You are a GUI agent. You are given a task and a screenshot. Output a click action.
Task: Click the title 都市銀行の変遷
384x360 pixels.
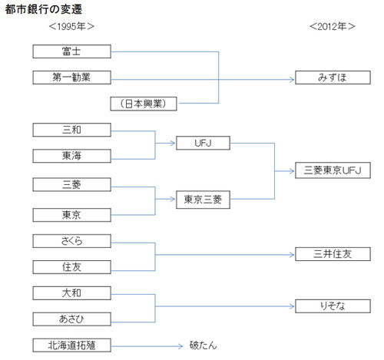[44, 9]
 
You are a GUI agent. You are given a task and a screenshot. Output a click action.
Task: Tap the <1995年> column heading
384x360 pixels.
[71, 26]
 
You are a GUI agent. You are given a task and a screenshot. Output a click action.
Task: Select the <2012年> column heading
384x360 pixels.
[333, 26]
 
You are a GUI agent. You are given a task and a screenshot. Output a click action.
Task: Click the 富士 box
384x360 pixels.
[71, 51]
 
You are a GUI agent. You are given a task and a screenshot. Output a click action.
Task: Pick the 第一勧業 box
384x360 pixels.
[71, 78]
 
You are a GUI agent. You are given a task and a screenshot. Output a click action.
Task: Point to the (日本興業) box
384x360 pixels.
[144, 104]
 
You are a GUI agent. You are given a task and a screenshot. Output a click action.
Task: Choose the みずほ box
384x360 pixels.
[333, 78]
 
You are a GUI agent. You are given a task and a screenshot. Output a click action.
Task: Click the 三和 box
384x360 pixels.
[71, 130]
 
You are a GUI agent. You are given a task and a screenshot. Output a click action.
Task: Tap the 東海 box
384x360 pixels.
[71, 156]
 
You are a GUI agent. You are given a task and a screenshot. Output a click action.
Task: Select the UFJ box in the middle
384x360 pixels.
[203, 143]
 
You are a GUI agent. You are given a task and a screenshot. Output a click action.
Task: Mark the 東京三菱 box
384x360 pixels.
[203, 200]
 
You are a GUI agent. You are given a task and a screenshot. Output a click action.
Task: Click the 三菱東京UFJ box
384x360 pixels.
[333, 170]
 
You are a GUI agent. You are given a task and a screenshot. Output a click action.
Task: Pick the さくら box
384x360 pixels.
[71, 241]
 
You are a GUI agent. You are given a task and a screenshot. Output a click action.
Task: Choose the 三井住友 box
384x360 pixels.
[333, 254]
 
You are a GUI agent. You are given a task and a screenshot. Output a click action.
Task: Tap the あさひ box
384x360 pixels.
[71, 319]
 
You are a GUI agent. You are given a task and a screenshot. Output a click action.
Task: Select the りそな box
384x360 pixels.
[333, 306]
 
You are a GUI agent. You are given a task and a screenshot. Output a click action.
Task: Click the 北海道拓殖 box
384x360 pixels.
[71, 345]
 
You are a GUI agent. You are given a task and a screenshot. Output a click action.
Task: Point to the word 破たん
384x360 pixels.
[203, 345]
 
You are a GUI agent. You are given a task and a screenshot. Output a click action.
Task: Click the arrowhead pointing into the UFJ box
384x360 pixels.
[173, 143]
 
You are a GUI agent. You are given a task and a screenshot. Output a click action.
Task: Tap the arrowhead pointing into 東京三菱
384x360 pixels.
[173, 199]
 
